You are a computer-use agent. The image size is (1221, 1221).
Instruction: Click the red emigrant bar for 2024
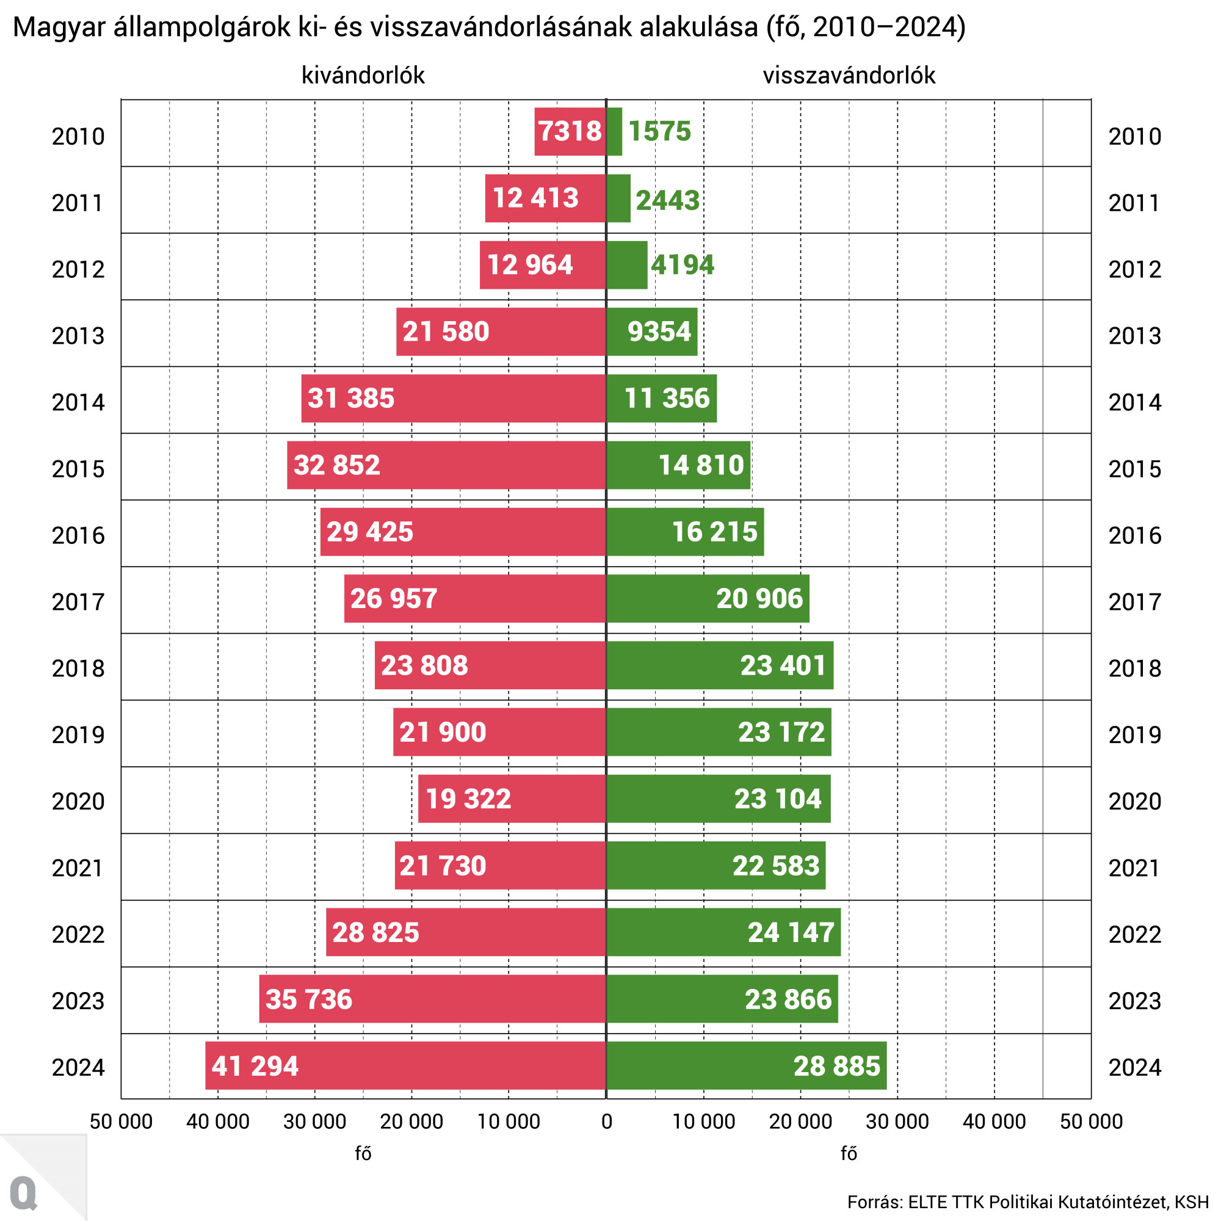tap(405, 1065)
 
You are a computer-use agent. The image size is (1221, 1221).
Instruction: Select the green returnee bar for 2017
tap(707, 598)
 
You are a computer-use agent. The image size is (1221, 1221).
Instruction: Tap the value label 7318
tap(570, 131)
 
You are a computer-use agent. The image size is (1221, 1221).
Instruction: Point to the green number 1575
tap(659, 131)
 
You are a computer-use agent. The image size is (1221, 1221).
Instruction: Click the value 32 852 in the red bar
tap(337, 465)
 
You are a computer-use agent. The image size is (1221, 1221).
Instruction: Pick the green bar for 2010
tap(614, 131)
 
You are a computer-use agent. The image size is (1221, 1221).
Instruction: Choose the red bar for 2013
tap(501, 332)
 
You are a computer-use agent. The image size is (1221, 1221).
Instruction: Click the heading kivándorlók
tap(363, 75)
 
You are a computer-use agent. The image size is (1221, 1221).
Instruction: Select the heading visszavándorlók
tap(848, 75)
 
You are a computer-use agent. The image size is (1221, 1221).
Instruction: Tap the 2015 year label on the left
tap(78, 469)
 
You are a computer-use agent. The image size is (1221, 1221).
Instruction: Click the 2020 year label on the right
tap(1134, 802)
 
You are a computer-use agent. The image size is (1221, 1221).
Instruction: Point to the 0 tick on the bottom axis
tap(607, 1121)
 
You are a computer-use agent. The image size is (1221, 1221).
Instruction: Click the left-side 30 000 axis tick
tap(315, 1121)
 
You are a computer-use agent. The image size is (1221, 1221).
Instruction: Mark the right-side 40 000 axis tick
tap(994, 1121)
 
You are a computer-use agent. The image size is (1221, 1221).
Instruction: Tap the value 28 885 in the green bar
tap(837, 1066)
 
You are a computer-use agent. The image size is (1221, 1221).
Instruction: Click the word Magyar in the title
tap(59, 27)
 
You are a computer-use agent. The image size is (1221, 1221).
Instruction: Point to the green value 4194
tap(683, 265)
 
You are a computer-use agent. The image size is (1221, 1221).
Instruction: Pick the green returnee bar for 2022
tap(723, 932)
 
